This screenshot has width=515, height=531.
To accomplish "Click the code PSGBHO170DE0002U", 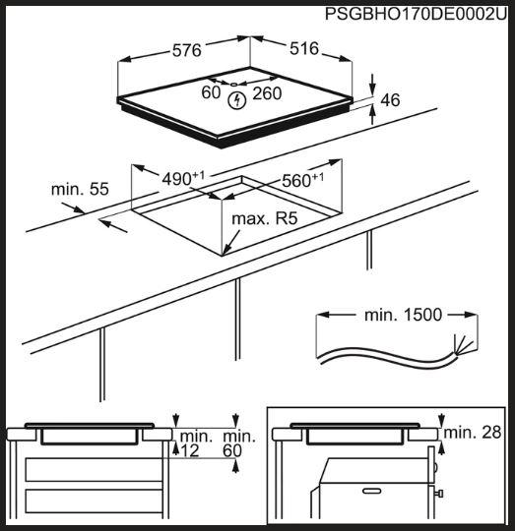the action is [x=416, y=14].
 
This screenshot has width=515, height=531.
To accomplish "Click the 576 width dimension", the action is [x=187, y=50].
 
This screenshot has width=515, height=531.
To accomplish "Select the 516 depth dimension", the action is [x=304, y=48].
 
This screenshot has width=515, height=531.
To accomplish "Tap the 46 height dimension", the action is [x=390, y=100].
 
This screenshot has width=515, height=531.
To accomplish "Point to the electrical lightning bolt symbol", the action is [x=236, y=100].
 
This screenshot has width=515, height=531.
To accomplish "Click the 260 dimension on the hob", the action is [x=267, y=93].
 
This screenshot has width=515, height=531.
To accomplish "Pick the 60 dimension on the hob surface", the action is [x=211, y=92].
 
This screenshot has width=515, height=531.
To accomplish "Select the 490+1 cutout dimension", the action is [x=183, y=178].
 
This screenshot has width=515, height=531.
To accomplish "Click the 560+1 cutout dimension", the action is [x=302, y=180].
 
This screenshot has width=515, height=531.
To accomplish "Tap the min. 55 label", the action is [x=80, y=189].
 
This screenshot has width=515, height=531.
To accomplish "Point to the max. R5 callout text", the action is [x=265, y=218].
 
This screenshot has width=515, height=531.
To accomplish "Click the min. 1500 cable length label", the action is [x=403, y=315].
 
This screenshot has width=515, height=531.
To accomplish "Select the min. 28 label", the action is [x=472, y=433].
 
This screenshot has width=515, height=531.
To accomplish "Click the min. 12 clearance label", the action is [x=194, y=443].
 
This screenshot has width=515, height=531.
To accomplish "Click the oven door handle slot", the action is [x=372, y=491].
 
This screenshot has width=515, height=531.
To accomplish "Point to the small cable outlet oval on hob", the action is [x=234, y=85].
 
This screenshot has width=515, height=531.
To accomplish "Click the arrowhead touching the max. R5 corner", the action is [x=226, y=250].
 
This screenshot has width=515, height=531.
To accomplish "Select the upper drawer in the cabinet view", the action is [x=95, y=469].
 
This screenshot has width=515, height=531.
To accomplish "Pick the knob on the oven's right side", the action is [x=440, y=494].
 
